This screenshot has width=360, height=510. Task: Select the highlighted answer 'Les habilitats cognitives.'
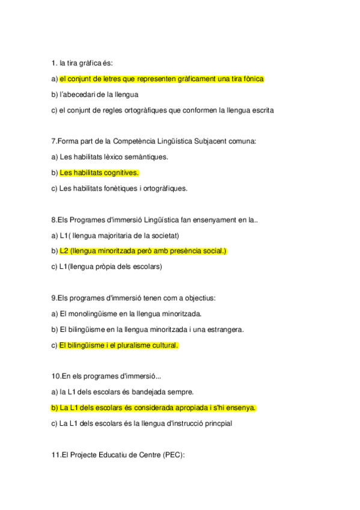tap(99, 173)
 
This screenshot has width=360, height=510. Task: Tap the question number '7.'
tap(55, 141)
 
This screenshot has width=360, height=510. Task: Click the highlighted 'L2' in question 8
tap(64, 251)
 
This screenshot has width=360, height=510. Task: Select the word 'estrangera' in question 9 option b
tap(224, 330)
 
